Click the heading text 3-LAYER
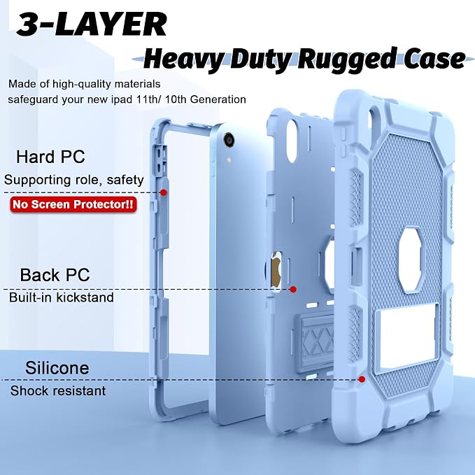click(92, 24)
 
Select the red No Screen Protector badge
click(73, 204)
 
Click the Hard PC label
click(50, 157)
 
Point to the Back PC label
click(55, 275)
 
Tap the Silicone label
click(57, 368)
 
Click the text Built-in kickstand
click(61, 297)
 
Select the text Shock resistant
click(58, 390)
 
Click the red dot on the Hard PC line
click(164, 192)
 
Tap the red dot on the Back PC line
click(293, 290)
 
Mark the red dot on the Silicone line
click(362, 379)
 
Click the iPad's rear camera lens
click(229, 139)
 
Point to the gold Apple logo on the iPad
click(276, 269)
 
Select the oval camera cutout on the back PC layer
click(292, 140)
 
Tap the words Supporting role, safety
click(74, 180)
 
